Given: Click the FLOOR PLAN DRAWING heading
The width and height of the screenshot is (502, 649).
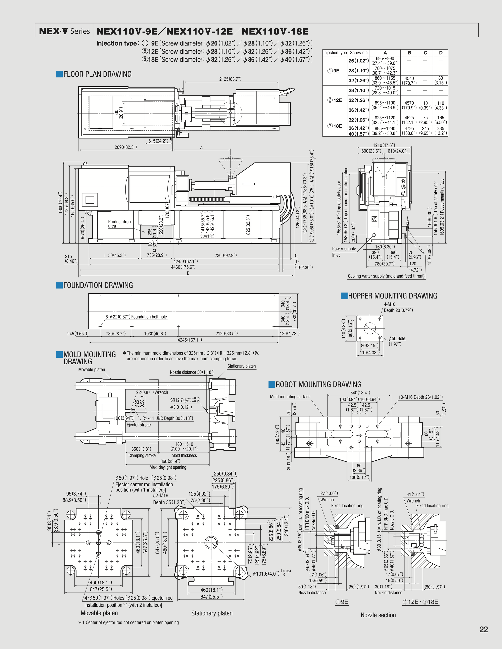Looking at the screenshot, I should tap(97, 74).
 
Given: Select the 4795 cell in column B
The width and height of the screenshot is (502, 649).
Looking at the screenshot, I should tap(409, 128).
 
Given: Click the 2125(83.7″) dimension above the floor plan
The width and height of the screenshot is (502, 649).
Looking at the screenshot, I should tap(230, 79).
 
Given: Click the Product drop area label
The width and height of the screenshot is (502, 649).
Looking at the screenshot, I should tap(119, 224).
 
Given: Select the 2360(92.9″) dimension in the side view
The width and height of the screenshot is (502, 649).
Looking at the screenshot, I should tap(225, 255).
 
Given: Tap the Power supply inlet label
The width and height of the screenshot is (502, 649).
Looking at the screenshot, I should tap(344, 252).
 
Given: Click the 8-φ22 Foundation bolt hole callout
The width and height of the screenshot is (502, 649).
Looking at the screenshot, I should tap(136, 317).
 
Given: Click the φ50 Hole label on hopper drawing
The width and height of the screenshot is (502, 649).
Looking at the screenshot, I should tap(397, 338).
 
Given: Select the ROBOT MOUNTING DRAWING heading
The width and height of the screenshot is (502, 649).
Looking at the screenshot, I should tap(318, 385).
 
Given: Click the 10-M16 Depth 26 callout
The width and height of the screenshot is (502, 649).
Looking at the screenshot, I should tap(420, 397).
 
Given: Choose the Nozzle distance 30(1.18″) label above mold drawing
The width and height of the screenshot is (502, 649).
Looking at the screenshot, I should tap(192, 372).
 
